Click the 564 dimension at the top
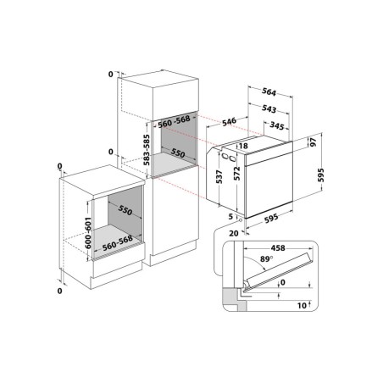tap(269, 92)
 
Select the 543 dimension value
tap(269, 109)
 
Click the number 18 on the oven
tap(244, 146)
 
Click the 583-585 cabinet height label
tap(143, 147)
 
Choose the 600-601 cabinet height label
tap(88, 230)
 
